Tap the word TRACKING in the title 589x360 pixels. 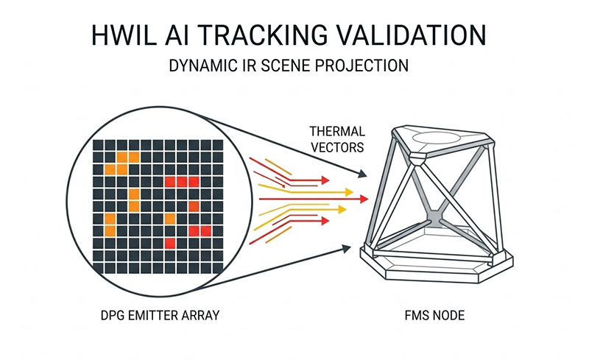tap(264, 35)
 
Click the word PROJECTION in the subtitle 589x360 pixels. tap(367, 66)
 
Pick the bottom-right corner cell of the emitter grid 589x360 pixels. tap(216, 265)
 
